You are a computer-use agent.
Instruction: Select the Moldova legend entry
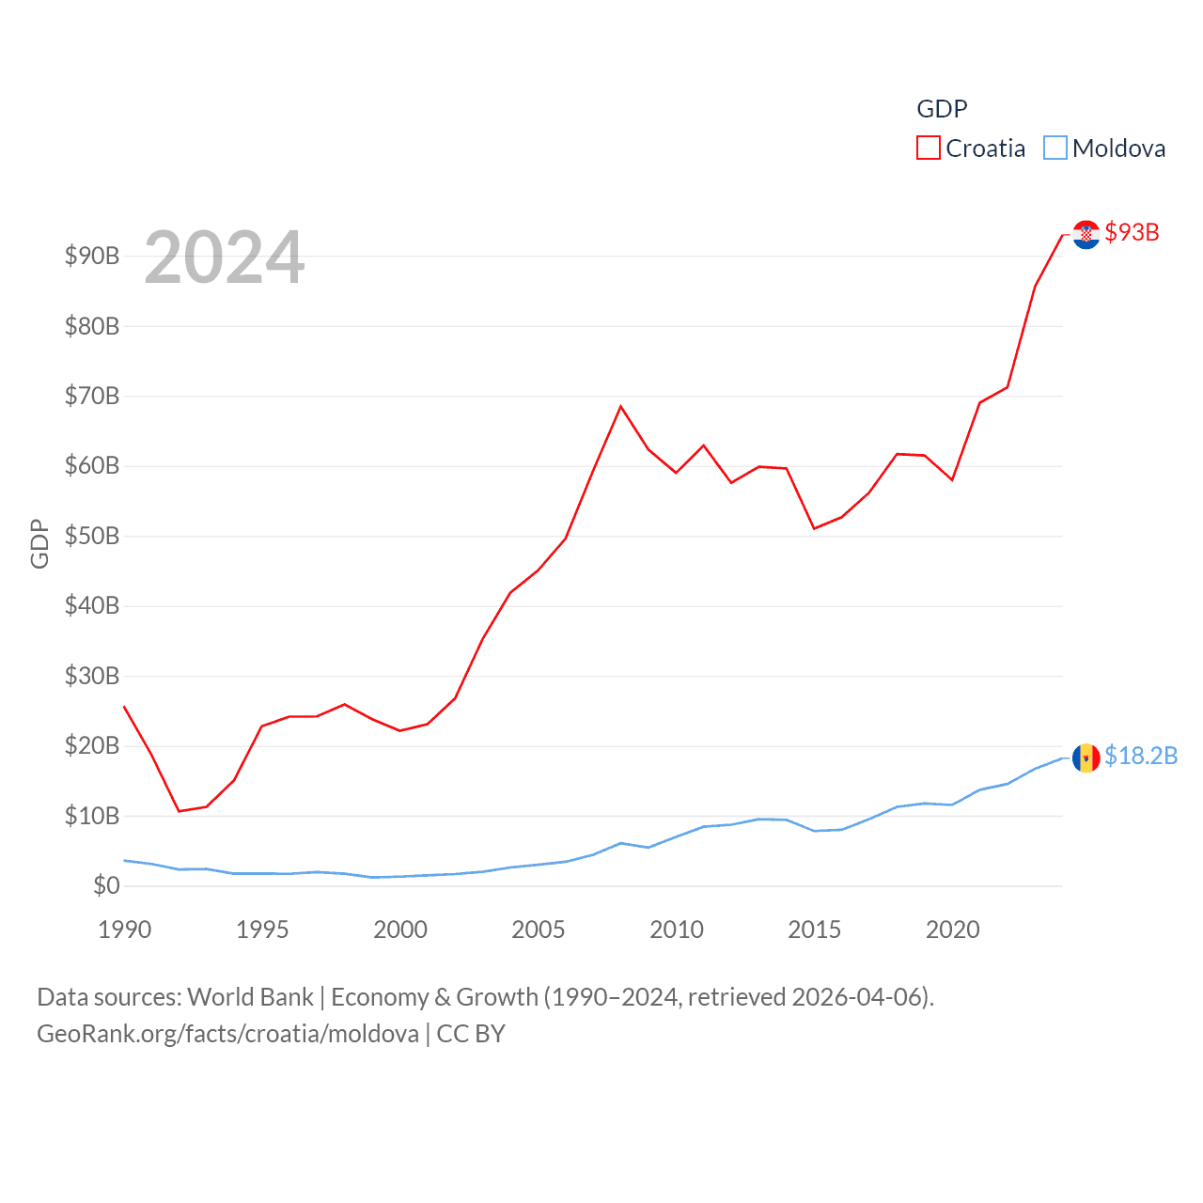pos(1105,148)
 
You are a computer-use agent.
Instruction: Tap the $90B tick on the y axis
pos(92,256)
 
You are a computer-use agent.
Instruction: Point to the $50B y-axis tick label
pos(92,536)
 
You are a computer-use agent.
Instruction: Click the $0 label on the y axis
pos(106,885)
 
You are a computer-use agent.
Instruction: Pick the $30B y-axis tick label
pos(92,676)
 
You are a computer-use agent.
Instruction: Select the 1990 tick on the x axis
pos(124,930)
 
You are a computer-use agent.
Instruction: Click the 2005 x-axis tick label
pos(539,930)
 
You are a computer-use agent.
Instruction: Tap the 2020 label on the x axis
pos(953,930)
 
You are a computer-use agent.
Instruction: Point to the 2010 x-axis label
pos(677,930)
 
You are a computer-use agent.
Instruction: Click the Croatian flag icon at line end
pos(1086,234)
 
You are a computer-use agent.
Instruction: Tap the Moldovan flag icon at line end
pos(1086,758)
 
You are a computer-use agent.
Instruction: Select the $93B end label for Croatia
pos(1132,232)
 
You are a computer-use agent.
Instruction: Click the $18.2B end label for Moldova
pos(1140,756)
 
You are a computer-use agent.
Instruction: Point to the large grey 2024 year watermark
pos(225,257)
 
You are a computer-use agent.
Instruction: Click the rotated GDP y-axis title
pos(39,543)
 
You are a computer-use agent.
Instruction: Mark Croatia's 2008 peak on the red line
pos(621,406)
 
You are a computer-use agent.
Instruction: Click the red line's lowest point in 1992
pos(179,811)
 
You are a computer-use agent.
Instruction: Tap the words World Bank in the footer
pos(250,996)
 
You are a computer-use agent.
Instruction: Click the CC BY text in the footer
pos(471,1034)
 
